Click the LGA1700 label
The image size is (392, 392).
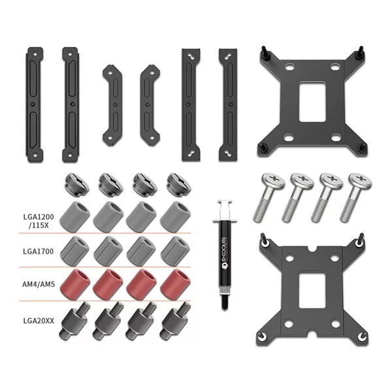[x=39, y=251]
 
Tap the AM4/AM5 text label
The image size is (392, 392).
[x=39, y=284]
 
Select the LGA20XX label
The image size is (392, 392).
[x=39, y=321]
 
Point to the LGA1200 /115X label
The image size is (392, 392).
[x=39, y=221]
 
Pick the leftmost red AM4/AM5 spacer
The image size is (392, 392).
[x=75, y=285]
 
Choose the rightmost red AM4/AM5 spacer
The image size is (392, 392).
[x=175, y=285]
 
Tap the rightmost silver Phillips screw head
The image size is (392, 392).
[x=360, y=180]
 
